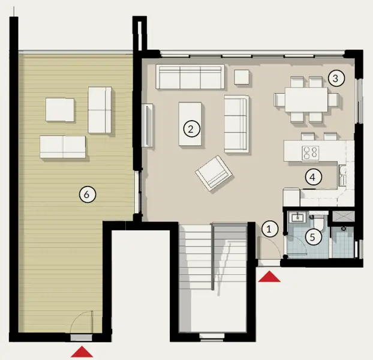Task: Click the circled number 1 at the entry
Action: pos(269,228)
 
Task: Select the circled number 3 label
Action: pos(336,77)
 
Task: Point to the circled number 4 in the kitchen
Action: pos(311,177)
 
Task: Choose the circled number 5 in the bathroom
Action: pos(311,236)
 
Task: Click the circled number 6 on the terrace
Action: pos(87,194)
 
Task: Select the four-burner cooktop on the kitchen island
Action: pos(310,152)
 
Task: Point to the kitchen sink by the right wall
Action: pos(341,176)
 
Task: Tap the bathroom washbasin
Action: pos(297,218)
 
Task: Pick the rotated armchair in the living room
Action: pos(213,173)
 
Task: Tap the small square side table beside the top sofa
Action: pos(242,77)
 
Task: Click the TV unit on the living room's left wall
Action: pos(148,124)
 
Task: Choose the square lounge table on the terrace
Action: pos(61,110)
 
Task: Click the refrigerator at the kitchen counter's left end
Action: pos(291,196)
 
